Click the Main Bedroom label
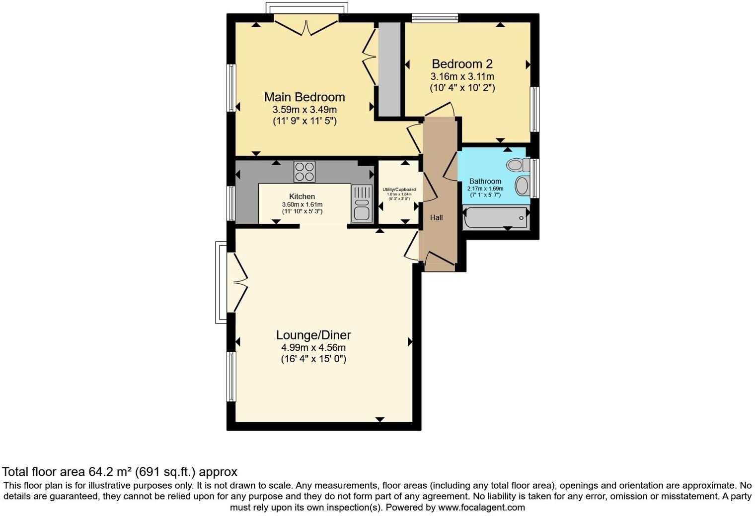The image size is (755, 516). coord(304,97)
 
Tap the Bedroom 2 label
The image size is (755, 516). coord(462,64)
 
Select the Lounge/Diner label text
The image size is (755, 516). coord(313,335)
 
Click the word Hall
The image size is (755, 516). coord(436,217)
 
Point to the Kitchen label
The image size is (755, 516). coord(302,196)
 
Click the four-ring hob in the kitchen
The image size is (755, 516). coord(304,172)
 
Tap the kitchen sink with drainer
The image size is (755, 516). coord(362,204)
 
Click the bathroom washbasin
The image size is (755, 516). coord(522,186)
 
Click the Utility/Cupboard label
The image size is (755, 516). coord(399,190)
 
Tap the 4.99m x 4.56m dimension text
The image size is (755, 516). coord(313,347)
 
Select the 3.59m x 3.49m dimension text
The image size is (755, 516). coord(304,110)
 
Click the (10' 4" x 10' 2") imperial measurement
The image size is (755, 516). coord(462,88)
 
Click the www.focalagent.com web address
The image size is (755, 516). coord(481,508)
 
